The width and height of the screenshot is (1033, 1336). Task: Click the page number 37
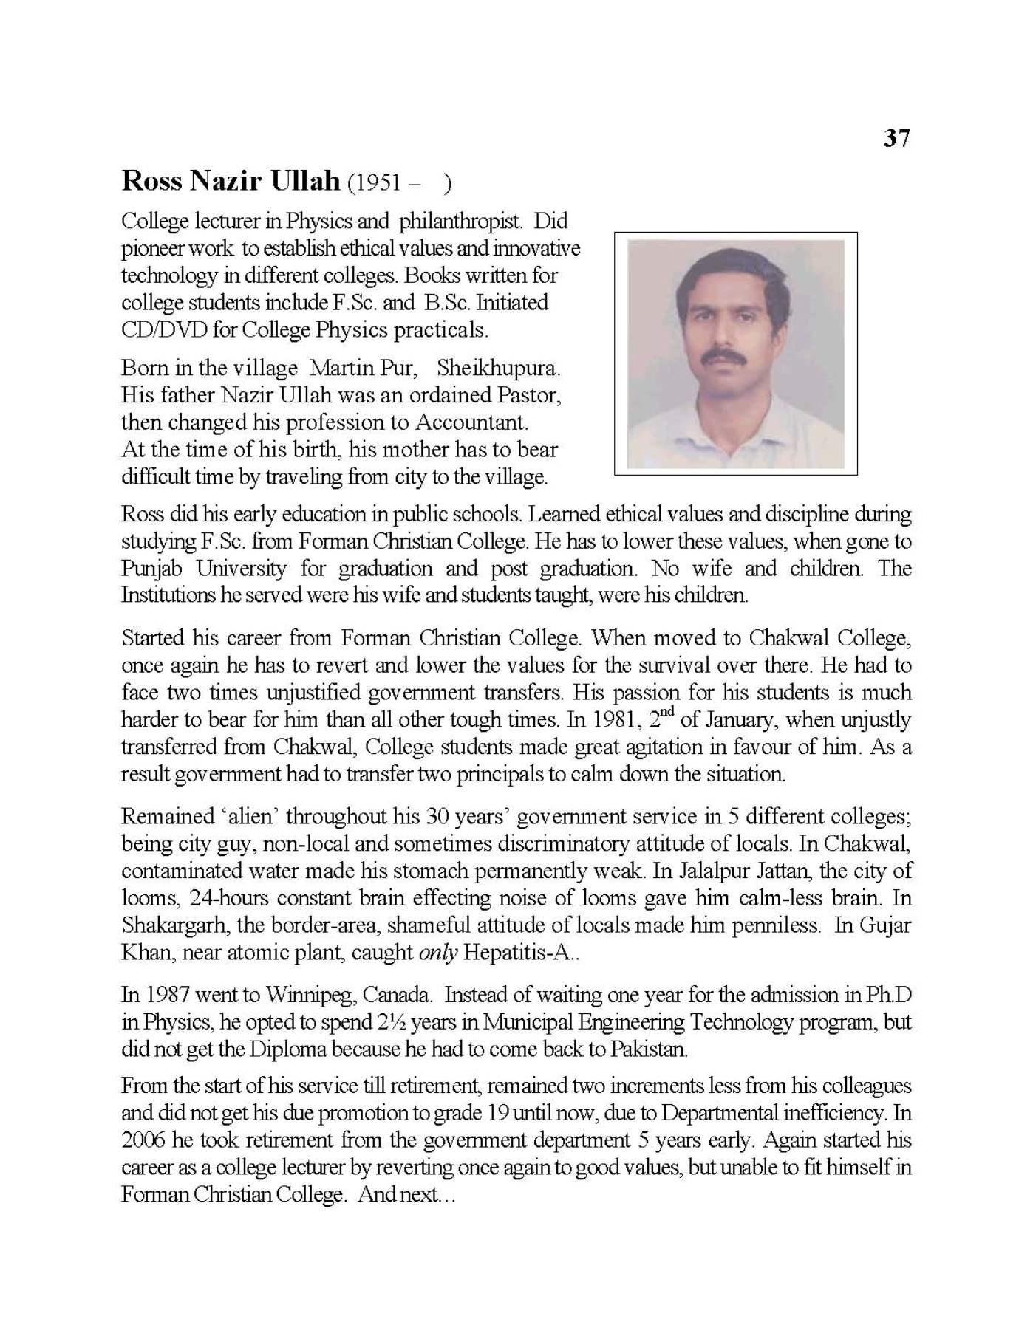coord(896,138)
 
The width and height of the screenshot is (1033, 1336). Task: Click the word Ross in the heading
coord(151,180)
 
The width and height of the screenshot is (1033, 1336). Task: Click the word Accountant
coord(471,422)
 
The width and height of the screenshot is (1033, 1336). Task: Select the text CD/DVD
coord(163,329)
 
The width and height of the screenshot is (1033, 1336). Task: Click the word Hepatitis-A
coord(516,953)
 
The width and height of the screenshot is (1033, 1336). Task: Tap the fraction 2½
coord(391,1022)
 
